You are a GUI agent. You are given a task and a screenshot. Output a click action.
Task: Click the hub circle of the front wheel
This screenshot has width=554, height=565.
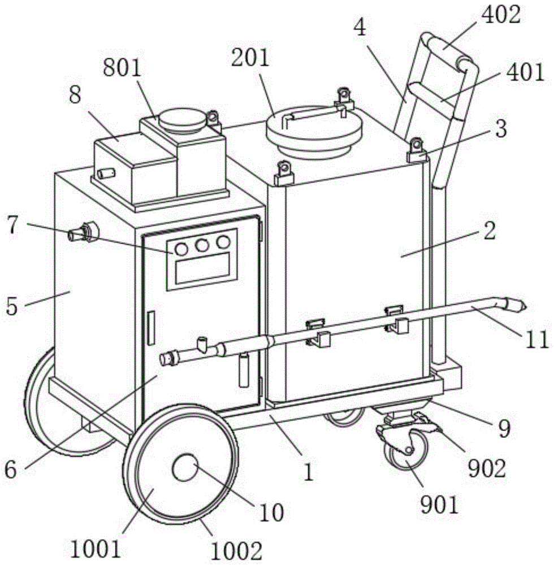coord(185,468)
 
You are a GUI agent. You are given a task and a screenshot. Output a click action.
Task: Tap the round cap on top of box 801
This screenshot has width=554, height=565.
coord(180,119)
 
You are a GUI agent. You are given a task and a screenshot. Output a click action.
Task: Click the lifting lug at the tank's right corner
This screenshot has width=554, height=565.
coord(417,147)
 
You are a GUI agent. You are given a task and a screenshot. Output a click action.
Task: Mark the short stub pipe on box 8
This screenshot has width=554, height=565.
coord(104,172)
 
